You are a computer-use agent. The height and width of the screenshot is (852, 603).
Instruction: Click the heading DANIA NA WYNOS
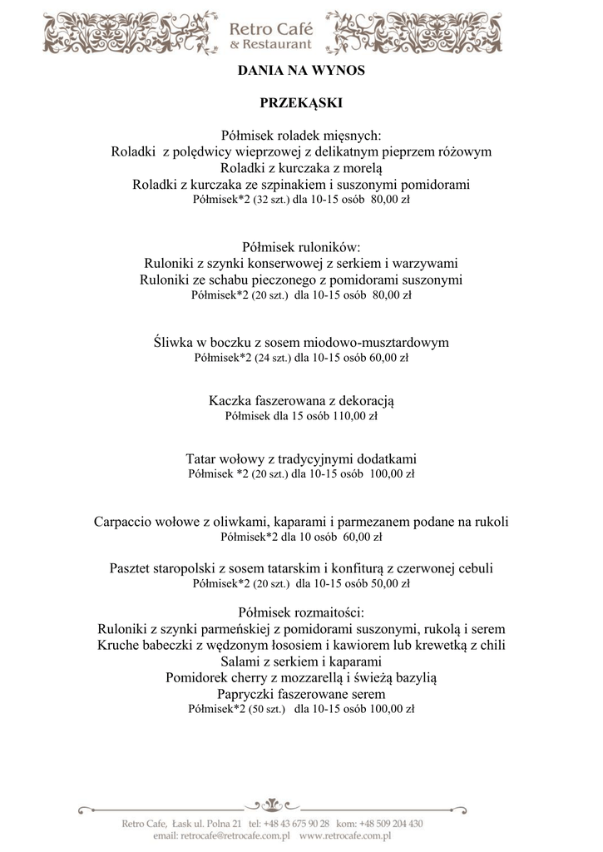(301, 72)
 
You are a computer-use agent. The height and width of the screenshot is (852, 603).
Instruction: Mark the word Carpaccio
(123, 522)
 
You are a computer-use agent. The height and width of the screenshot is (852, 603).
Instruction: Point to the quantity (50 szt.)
(267, 710)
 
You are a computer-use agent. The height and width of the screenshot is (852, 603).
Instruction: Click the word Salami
(240, 661)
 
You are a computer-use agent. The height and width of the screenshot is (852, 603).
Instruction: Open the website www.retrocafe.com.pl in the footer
(345, 835)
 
